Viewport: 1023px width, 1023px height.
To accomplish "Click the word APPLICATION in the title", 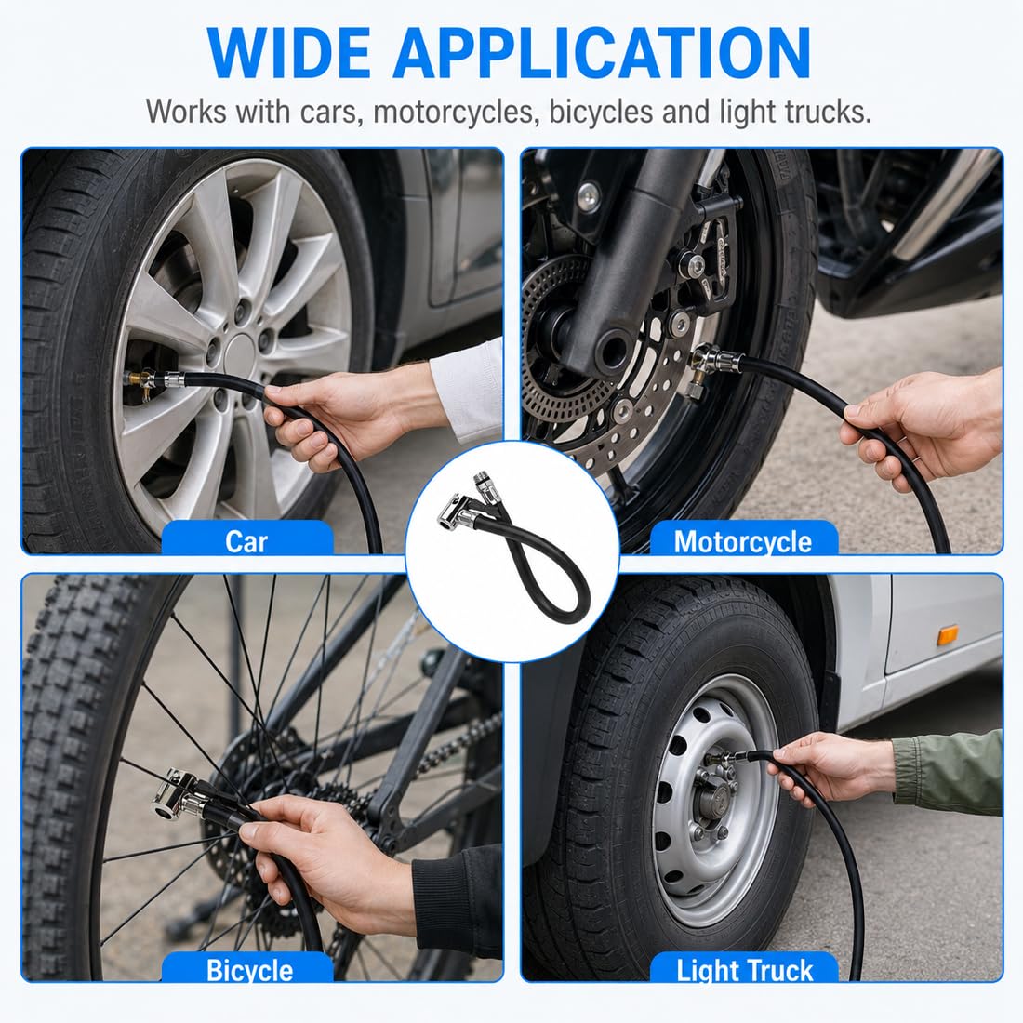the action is [602, 54].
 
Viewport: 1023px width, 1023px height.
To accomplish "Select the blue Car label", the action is [246, 538].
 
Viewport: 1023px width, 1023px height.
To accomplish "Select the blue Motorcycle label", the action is [743, 539].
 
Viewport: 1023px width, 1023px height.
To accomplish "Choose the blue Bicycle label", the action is [249, 968].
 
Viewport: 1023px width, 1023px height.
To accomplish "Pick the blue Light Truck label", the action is [744, 968].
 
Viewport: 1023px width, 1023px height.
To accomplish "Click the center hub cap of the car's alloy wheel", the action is [241, 354].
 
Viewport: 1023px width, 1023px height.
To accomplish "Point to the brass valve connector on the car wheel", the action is [140, 379].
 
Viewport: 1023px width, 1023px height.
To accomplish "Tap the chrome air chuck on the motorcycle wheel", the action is [712, 361].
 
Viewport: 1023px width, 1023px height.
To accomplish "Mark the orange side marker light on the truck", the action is [948, 635].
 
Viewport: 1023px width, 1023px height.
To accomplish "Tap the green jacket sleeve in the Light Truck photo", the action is [950, 774].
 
